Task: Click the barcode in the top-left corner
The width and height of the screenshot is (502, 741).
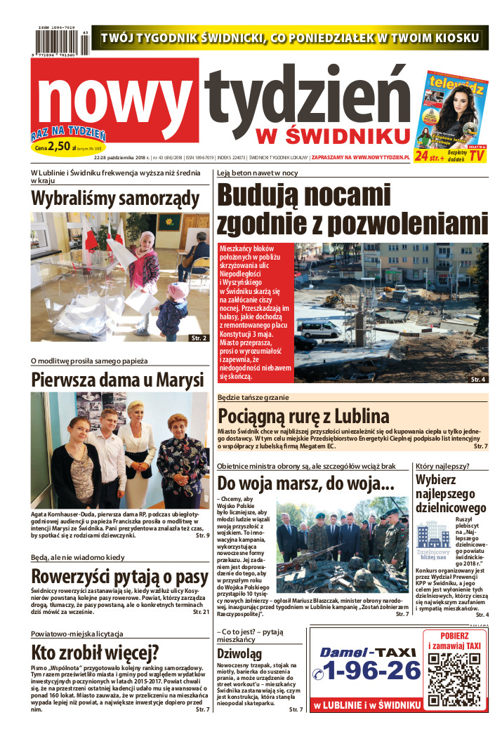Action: tap(60, 42)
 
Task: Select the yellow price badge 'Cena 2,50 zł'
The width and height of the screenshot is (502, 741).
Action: tap(63, 147)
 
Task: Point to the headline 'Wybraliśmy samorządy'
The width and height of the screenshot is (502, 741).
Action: tap(116, 199)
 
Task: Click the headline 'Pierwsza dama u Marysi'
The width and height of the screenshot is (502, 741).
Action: tap(117, 380)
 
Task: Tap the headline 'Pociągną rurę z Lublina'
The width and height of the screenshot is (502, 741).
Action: tap(303, 415)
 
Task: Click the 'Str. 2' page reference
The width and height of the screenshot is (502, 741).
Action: tap(199, 338)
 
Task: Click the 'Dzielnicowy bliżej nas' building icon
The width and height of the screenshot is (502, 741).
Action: tap(433, 535)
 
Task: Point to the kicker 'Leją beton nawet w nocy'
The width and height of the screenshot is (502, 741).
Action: tap(258, 173)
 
